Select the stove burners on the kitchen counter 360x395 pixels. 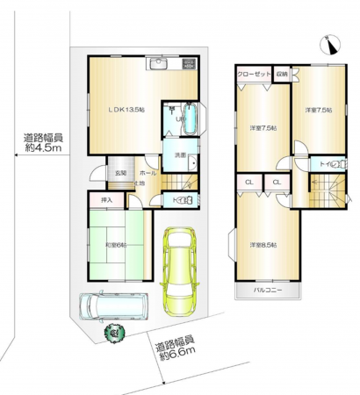tap(188, 64)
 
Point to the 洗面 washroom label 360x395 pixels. tap(178, 157)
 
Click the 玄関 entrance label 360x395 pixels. tap(119, 173)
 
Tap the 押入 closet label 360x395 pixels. tap(105, 201)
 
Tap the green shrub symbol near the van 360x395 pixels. tap(113, 333)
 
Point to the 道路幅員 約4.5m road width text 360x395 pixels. tap(42, 142)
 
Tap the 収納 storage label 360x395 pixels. tap(281, 75)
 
